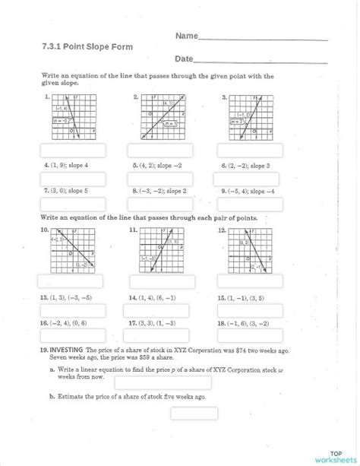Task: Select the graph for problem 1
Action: [x=74, y=116]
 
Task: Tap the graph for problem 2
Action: [x=163, y=116]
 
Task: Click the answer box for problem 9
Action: [x=251, y=204]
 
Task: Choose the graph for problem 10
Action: [x=74, y=251]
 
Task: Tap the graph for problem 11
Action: [x=163, y=251]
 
